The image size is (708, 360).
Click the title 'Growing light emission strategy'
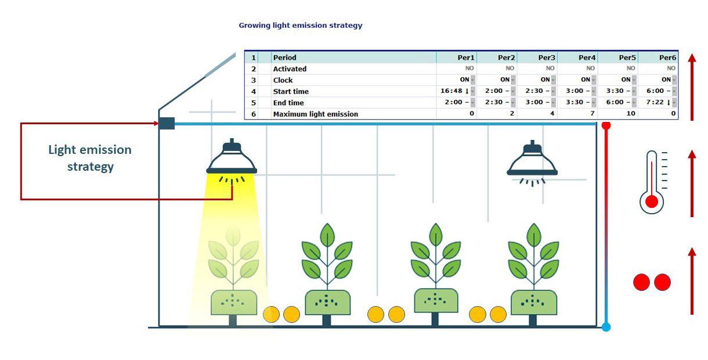pos(301,26)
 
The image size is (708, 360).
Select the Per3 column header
pos(546,57)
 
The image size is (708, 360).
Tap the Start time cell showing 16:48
pos(456,91)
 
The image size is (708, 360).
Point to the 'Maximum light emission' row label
pos(316,114)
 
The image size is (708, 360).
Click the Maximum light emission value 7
pos(593,114)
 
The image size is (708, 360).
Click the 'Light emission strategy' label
pos(90,158)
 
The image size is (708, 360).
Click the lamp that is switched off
pos(532,160)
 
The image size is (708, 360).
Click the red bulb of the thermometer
pos(652,201)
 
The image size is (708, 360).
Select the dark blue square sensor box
pos(167,123)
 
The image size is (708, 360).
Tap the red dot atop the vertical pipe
pos(606,124)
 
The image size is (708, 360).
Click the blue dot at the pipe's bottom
pos(606,327)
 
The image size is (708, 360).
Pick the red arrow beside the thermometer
pos(692,183)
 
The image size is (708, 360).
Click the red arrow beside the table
pos(692,87)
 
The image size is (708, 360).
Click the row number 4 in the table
pos(253,91)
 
